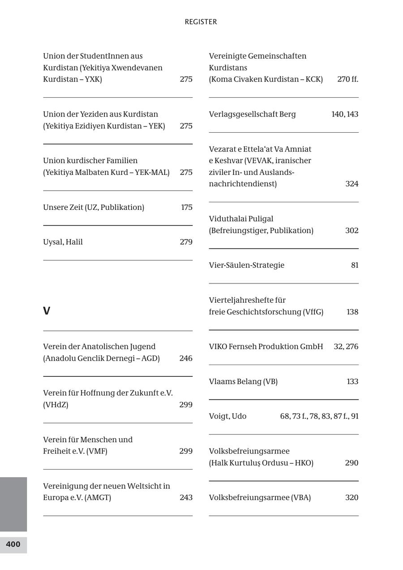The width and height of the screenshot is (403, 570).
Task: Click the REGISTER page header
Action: click(201, 22)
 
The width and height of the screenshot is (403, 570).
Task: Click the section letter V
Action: click(47, 311)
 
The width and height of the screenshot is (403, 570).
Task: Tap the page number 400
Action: click(13, 544)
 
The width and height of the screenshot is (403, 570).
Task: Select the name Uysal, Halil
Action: click(63, 242)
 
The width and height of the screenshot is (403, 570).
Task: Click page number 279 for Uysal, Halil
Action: click(186, 242)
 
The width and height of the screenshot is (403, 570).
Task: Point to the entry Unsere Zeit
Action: click(94, 207)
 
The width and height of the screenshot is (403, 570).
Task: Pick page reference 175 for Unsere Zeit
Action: click(187, 207)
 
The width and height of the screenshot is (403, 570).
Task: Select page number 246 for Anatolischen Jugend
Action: click(186, 358)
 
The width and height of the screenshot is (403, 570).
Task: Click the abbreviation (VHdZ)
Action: click(56, 405)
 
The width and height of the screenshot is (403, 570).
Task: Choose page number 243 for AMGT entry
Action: click(186, 497)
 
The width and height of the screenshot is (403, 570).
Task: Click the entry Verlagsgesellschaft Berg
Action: click(252, 114)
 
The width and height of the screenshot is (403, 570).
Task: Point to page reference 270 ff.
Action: click(347, 79)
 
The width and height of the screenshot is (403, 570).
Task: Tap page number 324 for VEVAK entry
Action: click(352, 184)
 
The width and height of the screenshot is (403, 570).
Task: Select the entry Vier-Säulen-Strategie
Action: click(246, 265)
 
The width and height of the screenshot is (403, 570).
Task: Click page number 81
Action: click(355, 265)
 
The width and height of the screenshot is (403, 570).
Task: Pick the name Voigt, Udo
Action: click(227, 416)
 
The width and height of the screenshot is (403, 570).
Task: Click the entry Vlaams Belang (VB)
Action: click(243, 382)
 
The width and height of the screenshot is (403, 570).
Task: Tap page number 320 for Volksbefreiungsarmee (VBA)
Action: click(352, 497)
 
